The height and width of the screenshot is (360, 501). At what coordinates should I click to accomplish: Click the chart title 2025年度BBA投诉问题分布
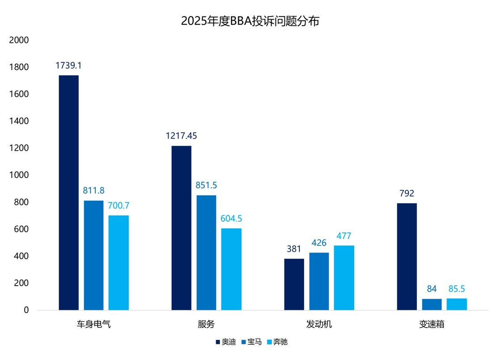[250, 21]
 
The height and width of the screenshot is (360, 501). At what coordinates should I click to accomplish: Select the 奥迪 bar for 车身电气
[68, 193]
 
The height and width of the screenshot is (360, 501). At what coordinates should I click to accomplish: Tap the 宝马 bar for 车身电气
[93, 255]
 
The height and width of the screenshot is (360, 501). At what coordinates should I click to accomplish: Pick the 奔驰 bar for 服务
[231, 269]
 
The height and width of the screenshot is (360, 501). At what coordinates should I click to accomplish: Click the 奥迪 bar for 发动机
[294, 284]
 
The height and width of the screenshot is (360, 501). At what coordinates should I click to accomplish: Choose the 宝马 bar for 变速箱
[432, 304]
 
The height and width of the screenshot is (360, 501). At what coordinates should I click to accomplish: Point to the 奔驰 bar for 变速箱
[457, 304]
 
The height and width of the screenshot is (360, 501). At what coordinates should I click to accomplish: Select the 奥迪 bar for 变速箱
[407, 257]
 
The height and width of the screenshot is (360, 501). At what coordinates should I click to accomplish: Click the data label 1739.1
[68, 65]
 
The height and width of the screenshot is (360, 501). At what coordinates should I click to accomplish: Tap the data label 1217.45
[181, 136]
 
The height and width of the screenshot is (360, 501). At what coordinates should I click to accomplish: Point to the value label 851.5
[206, 185]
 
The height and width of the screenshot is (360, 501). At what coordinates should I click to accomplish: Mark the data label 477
[344, 236]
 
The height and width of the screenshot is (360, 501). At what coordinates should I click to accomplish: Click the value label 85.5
[457, 289]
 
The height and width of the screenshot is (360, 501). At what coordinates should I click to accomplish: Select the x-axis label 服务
[206, 324]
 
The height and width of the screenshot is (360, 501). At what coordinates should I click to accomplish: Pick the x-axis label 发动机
[319, 324]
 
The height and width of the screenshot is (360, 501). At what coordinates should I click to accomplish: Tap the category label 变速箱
[432, 324]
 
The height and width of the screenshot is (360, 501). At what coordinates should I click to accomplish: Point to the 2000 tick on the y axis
[19, 40]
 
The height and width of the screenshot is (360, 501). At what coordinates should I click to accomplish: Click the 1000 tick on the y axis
[19, 175]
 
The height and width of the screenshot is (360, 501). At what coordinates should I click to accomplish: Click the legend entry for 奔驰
[277, 342]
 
